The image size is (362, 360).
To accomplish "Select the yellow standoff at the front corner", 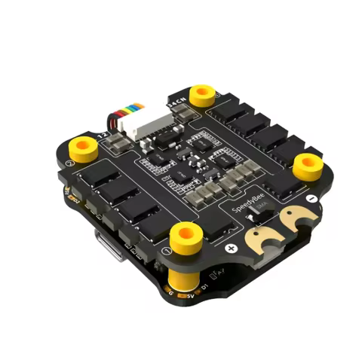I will click(186, 235).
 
